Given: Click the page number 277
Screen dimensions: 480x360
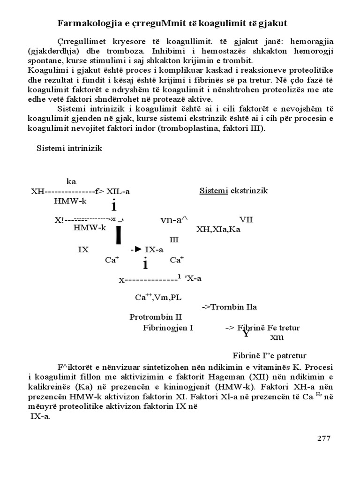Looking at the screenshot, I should [324, 438].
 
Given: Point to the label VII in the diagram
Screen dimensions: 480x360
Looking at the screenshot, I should [246, 219].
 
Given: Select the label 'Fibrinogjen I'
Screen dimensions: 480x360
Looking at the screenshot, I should [168, 328].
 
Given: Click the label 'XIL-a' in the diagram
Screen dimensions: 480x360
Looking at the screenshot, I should [118, 191].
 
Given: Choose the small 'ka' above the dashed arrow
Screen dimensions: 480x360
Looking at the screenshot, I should [71, 181].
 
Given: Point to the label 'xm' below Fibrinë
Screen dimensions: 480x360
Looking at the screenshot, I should [277, 337].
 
